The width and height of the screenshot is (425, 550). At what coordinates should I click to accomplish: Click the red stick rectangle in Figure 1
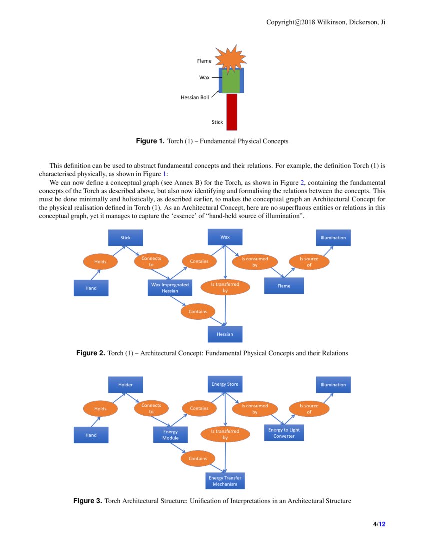click(x=232, y=112)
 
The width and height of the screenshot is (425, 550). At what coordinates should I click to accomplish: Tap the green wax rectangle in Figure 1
click(x=231, y=81)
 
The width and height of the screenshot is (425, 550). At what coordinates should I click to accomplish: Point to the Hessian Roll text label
click(x=195, y=98)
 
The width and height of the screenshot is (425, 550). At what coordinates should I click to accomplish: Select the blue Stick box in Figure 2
click(x=126, y=238)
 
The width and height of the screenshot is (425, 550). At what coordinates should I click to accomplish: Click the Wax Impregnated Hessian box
click(x=170, y=287)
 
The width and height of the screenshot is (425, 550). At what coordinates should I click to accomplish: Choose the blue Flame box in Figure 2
click(x=284, y=286)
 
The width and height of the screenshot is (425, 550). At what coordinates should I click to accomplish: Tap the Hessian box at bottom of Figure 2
click(x=225, y=334)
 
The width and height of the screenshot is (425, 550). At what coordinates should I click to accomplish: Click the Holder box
click(x=126, y=385)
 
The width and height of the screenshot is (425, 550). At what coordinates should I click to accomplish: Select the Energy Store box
click(x=225, y=384)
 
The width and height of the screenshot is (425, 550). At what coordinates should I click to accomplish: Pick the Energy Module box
click(x=170, y=435)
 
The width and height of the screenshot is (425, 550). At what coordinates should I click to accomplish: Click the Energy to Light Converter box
click(x=284, y=433)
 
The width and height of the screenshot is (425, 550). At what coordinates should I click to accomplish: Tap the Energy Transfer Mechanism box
click(x=225, y=481)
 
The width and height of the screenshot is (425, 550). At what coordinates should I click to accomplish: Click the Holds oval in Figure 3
click(x=100, y=409)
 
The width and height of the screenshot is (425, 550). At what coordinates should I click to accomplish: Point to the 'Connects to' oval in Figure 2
click(x=151, y=261)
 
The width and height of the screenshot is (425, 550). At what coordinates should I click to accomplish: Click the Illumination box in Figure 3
click(x=333, y=385)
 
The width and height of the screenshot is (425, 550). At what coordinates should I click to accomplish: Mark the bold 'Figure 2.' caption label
click(x=90, y=353)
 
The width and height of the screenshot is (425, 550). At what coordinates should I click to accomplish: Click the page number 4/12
click(x=379, y=524)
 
